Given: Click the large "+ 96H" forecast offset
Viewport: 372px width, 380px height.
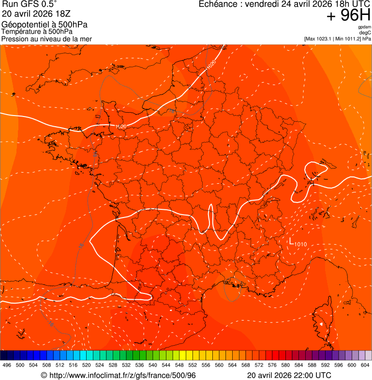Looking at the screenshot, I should tap(348, 16).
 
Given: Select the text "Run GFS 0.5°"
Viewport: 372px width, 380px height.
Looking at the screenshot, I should tap(29, 5).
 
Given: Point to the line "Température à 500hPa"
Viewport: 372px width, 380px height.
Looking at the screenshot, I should tap(37, 32).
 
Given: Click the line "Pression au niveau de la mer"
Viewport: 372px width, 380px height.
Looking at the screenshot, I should tap(46, 39).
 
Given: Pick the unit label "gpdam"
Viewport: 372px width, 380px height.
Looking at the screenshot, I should tap(364, 27).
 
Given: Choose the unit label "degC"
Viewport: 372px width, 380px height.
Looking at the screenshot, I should tap(365, 33).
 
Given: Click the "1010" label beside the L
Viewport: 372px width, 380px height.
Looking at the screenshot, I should tap(300, 244).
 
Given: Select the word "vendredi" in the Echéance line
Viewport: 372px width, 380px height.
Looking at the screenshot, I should tap(263, 4).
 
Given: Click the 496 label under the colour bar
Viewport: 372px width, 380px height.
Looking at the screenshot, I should tap(7, 365).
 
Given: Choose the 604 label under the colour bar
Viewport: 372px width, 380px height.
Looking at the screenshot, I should tap(365, 365).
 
